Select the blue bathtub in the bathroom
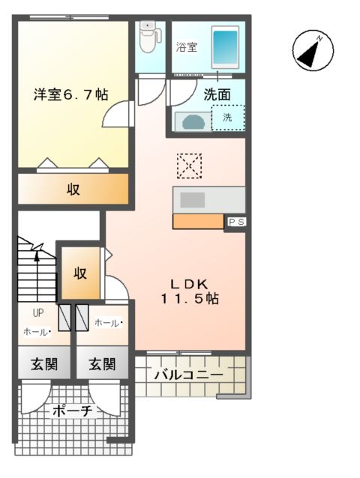(225, 46)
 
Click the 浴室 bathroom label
(187, 46)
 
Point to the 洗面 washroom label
(217, 95)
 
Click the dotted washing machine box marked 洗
(227, 118)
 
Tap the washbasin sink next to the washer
(193, 121)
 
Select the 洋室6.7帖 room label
(70, 95)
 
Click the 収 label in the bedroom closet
(73, 189)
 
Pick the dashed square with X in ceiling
(190, 166)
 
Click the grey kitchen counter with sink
(209, 199)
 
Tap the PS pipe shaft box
(235, 222)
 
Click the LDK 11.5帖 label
(193, 291)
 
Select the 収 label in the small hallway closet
(79, 273)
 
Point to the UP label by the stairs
(36, 314)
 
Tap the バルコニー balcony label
(188, 375)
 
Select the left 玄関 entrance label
(43, 365)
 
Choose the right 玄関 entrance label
(102, 365)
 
